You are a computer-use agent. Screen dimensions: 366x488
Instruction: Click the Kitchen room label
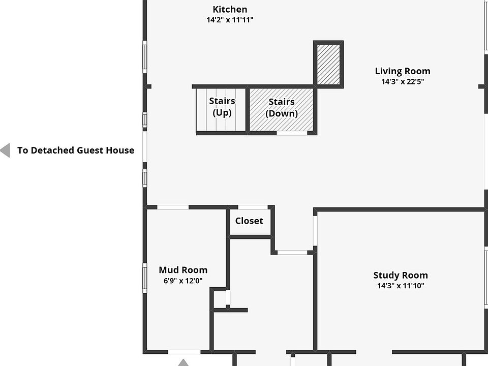pyautogui.click(x=230, y=9)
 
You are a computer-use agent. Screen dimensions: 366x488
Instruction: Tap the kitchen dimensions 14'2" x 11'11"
pyautogui.click(x=230, y=20)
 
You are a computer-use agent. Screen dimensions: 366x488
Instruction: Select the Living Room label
pyautogui.click(x=403, y=71)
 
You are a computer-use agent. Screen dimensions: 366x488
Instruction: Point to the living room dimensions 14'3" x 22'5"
pyautogui.click(x=403, y=81)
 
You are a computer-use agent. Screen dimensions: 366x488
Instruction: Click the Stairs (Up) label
pyautogui.click(x=222, y=107)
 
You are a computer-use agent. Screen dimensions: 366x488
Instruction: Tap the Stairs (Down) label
pyautogui.click(x=282, y=108)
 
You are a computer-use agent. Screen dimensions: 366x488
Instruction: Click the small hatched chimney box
pyautogui.click(x=329, y=64)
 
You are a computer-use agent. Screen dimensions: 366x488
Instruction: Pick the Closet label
pyautogui.click(x=249, y=221)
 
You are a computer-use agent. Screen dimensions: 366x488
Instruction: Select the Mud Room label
pyautogui.click(x=183, y=270)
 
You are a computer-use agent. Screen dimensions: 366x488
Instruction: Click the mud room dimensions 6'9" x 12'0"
pyautogui.click(x=183, y=280)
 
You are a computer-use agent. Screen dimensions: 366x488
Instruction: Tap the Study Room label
pyautogui.click(x=401, y=275)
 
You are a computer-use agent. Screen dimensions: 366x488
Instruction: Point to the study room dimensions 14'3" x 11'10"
pyautogui.click(x=401, y=286)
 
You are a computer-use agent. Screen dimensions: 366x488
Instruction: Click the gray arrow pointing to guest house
pyautogui.click(x=5, y=150)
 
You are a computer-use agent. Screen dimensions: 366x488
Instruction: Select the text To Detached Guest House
pyautogui.click(x=76, y=150)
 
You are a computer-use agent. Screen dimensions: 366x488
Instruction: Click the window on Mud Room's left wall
pyautogui.click(x=145, y=278)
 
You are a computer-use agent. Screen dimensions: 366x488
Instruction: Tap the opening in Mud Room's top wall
pyautogui.click(x=173, y=207)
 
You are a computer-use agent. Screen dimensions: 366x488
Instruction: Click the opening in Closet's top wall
pyautogui.click(x=253, y=207)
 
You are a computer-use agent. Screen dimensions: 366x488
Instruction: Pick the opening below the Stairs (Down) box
pyautogui.click(x=292, y=133)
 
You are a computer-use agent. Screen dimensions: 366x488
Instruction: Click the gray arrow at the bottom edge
pyautogui.click(x=183, y=362)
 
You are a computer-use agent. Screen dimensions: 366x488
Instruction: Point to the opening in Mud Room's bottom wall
pyautogui.click(x=184, y=352)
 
